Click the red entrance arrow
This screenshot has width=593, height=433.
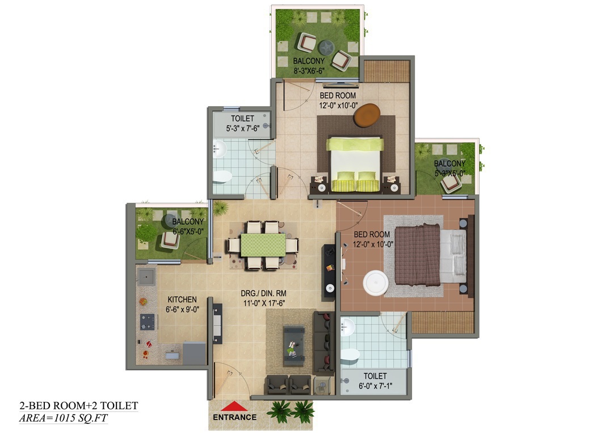point(234,406)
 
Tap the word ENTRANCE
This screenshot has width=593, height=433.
point(234,418)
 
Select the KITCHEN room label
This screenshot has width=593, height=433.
point(182,300)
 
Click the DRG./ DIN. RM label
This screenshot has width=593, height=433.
point(264,293)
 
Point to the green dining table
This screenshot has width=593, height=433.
point(263,245)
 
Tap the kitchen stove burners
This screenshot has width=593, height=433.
point(148,322)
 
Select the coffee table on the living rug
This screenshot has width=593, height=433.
point(294,346)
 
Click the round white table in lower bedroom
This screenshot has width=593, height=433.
point(376,283)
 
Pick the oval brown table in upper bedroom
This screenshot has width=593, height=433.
point(367,115)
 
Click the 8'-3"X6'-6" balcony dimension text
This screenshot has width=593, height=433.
point(309,71)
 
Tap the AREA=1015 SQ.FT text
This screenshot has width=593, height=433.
point(63,418)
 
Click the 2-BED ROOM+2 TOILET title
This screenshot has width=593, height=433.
point(79,406)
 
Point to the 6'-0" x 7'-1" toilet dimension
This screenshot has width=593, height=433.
point(375,386)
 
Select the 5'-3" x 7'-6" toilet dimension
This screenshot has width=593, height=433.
point(242,129)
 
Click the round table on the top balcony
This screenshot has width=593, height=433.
point(326,48)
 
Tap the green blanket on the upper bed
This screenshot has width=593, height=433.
point(355,144)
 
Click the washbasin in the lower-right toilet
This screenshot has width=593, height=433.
point(347,327)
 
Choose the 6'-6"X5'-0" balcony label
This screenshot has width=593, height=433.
point(188,231)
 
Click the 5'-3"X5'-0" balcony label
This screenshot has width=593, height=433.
point(449,173)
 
